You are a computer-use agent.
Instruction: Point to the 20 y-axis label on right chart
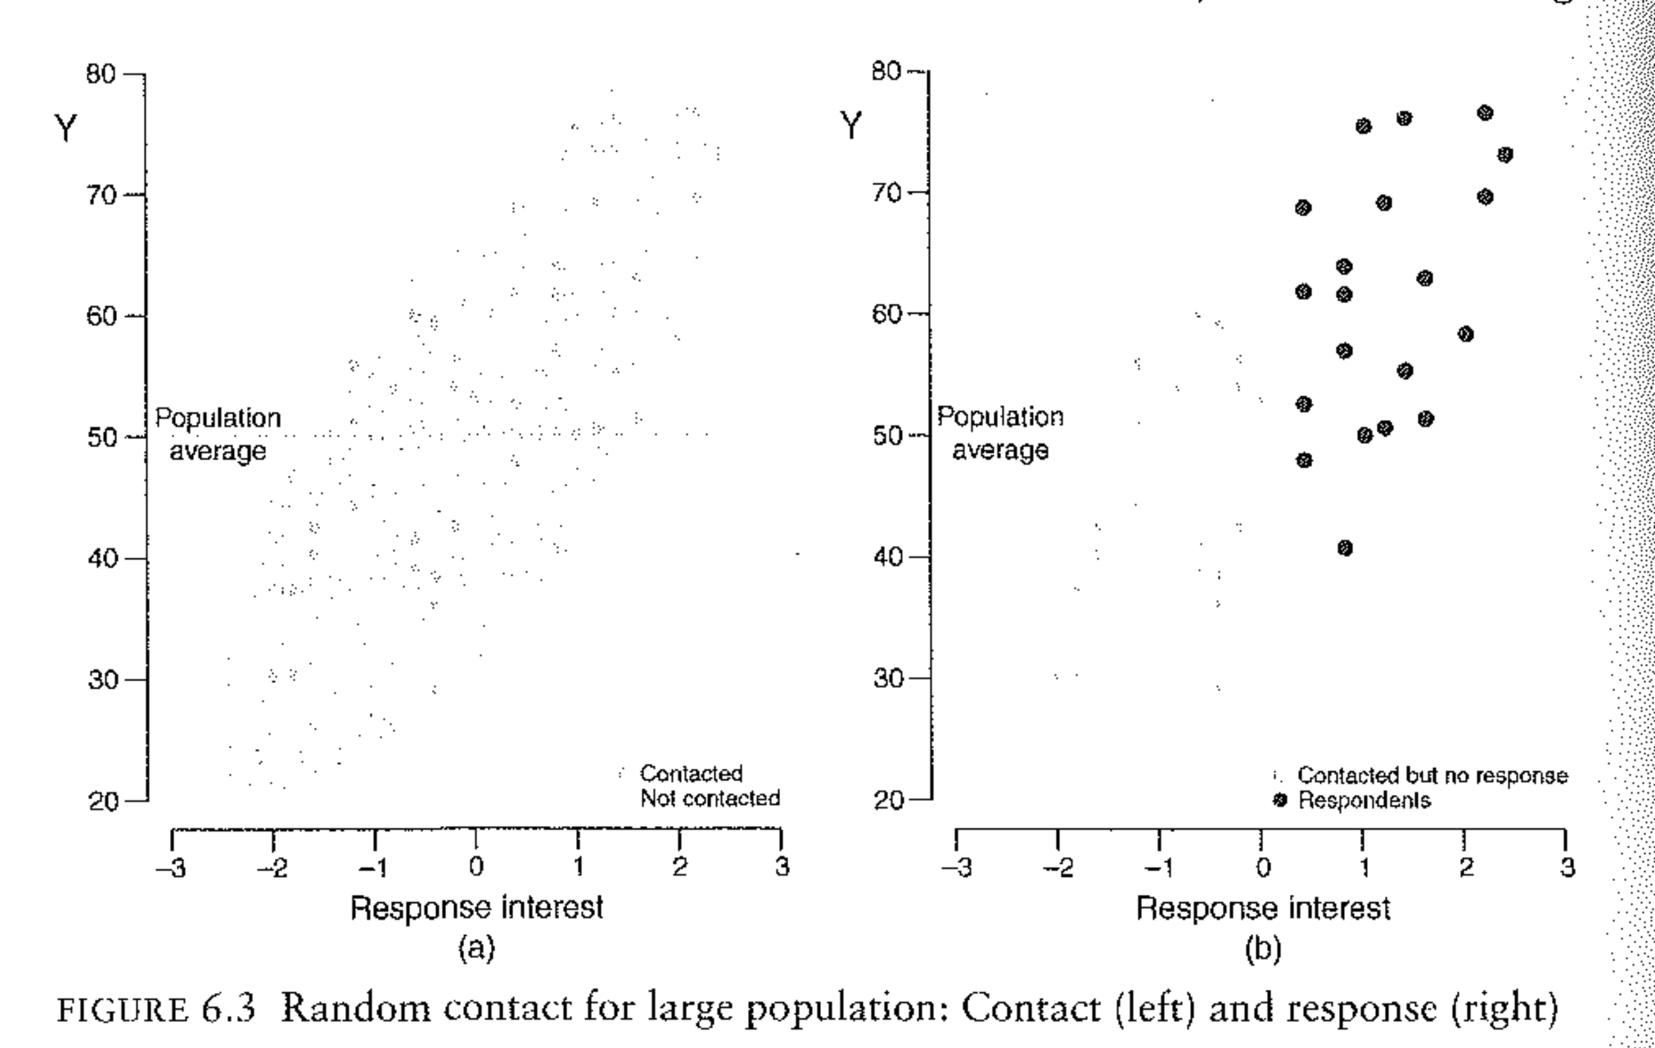888,801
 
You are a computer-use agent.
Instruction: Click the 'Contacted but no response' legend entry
1432,776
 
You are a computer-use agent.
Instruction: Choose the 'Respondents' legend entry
1364,801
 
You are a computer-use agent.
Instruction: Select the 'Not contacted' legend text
710,798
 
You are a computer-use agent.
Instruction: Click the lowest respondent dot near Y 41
1345,549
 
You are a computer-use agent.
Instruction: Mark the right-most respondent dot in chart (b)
1505,156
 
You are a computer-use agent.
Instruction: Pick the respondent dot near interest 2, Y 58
1466,335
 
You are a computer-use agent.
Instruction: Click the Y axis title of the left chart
66,129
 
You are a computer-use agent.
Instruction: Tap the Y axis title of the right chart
851,126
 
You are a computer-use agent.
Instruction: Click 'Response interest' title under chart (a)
477,908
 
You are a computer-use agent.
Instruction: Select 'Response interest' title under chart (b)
1263,908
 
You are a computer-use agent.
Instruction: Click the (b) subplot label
1263,949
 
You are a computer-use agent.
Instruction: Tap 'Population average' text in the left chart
218,435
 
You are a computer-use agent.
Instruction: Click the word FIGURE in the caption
122,1010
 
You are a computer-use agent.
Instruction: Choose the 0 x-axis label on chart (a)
475,868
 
